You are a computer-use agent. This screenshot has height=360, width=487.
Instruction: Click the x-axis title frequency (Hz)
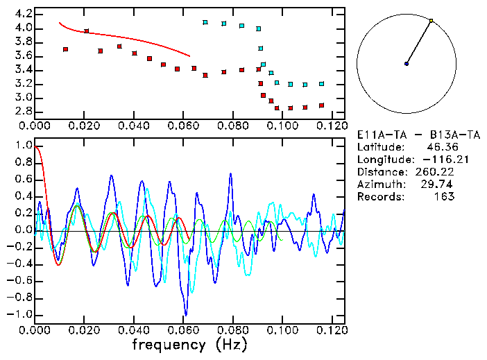(x=189, y=345)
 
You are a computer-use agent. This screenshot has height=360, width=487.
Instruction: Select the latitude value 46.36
(x=436, y=147)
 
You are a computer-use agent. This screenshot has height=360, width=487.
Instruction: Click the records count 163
(x=445, y=197)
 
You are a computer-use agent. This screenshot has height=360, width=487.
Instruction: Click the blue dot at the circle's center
(x=407, y=64)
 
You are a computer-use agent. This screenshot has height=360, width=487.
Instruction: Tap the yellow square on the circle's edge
(x=431, y=21)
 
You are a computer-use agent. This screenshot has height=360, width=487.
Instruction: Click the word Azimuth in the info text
(x=379, y=185)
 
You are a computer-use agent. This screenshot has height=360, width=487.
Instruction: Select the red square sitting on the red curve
(x=87, y=31)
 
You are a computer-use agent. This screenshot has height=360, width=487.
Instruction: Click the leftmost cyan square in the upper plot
(x=205, y=22)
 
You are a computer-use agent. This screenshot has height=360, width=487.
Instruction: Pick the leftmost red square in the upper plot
(x=65, y=49)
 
